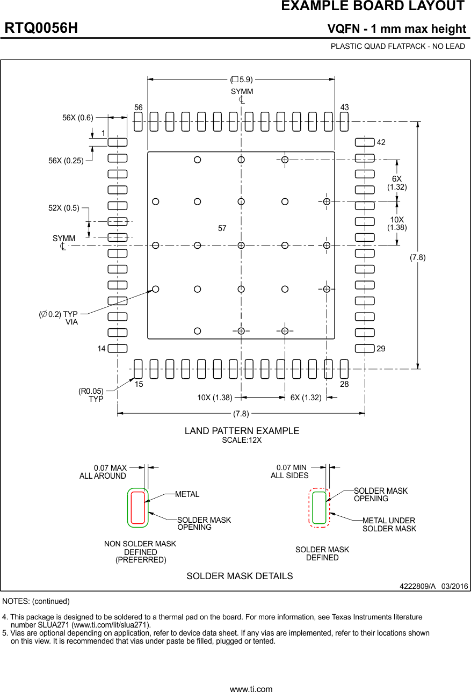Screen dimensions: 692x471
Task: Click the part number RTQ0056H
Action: pos(41,28)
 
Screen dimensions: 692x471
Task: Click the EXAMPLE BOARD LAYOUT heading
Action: pos(372,6)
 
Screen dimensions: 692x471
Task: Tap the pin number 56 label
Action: pos(139,107)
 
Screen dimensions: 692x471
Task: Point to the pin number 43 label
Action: pos(344,107)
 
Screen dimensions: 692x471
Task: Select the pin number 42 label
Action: pos(381,142)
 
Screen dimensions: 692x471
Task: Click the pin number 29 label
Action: pos(381,349)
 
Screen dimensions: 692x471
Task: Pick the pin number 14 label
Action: pos(102,349)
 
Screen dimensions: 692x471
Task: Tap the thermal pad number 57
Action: pos(222,228)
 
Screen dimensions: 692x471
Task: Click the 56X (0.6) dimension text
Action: pos(78,118)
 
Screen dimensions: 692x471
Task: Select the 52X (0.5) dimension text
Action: pos(64,208)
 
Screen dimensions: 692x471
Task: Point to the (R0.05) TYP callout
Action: pos(91,395)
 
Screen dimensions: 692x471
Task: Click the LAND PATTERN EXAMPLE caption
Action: pos(242,431)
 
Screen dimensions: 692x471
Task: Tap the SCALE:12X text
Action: pos(242,440)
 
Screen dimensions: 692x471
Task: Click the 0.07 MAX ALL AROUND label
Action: pos(103,472)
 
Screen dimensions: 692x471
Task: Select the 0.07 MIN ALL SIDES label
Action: pos(290,472)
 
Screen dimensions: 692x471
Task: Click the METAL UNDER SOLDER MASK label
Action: pos(389,524)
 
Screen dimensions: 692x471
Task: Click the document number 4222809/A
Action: pos(417,586)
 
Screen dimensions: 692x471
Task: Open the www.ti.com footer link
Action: pos(251,688)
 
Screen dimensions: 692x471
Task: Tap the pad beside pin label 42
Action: pos(365,142)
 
